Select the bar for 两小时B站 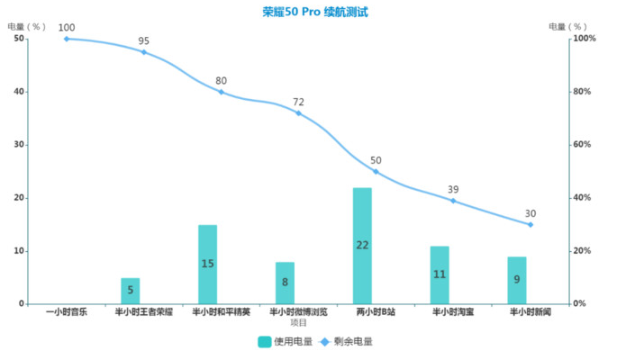[x=362, y=245]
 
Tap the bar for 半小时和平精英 [x=208, y=264]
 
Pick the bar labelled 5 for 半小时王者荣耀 [x=131, y=291]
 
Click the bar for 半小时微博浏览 [x=285, y=283]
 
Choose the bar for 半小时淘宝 [x=440, y=274]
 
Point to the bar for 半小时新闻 [x=516, y=280]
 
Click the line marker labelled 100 [x=67, y=39]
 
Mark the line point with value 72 [x=298, y=112]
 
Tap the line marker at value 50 [x=376, y=171]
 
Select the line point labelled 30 [x=531, y=224]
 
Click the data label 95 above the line [x=144, y=40]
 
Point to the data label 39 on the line [x=453, y=189]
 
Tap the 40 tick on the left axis [x=19, y=92]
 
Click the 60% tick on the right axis [x=585, y=145]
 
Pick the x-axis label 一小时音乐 [x=67, y=313]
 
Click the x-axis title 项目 [x=298, y=322]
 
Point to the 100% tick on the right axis [x=586, y=39]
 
